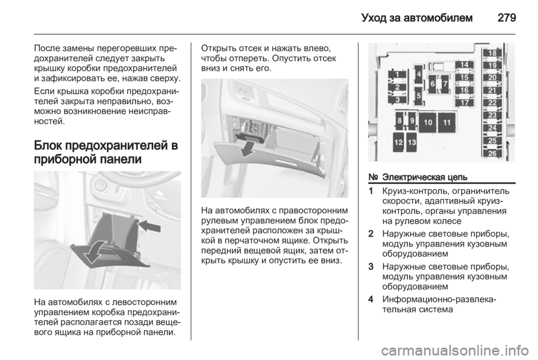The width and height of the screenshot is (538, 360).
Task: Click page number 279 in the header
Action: (x=507, y=17)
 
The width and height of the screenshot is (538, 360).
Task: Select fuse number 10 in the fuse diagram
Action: (x=428, y=122)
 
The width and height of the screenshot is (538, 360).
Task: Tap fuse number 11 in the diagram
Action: (x=447, y=122)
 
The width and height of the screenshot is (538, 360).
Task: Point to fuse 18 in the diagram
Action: (x=493, y=53)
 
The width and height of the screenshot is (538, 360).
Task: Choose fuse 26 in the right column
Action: (x=493, y=153)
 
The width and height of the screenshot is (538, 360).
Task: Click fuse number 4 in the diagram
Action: (x=419, y=74)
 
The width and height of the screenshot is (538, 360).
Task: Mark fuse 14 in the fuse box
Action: (x=464, y=65)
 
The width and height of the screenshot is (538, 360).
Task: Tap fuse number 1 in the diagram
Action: (x=397, y=75)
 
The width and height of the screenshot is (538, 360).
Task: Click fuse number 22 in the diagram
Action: (x=493, y=103)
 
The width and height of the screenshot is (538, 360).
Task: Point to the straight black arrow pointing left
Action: (x=150, y=226)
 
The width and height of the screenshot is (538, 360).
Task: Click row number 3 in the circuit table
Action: (x=370, y=267)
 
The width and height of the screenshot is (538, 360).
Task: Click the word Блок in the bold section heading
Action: (x=48, y=145)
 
